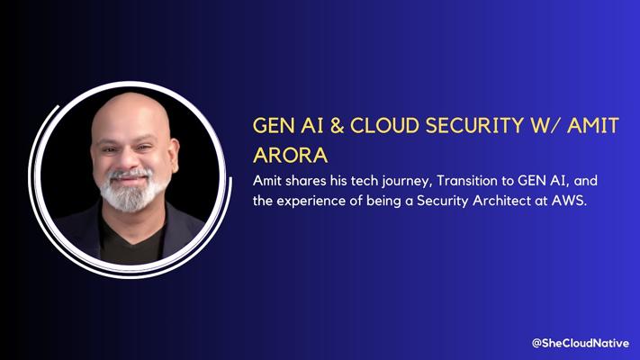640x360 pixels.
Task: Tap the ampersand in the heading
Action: coord(337,125)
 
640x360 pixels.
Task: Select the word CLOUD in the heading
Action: coord(384,125)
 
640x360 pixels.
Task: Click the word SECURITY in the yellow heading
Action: coord(474,125)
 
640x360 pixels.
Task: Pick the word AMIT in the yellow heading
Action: coord(593,125)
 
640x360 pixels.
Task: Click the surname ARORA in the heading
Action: coord(290,155)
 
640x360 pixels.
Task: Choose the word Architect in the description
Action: coord(501,201)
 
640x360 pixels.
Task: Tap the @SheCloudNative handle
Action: coord(581,343)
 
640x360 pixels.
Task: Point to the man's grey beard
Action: coord(130,191)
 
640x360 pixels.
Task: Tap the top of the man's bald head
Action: coord(131,96)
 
